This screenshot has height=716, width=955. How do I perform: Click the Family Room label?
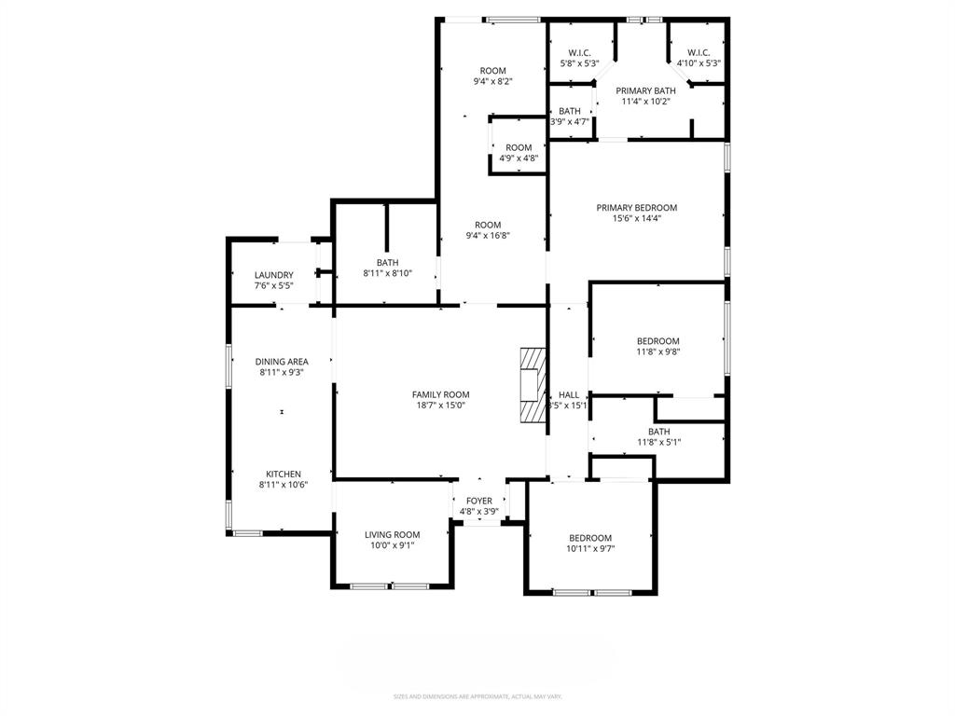coord(441,394)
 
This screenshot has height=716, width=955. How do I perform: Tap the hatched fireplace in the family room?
coord(532,385)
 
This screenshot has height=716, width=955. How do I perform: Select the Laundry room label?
coord(274,275)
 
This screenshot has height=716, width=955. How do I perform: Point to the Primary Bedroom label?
coord(637,208)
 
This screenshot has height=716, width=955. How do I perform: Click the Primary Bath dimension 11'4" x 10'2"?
coord(645,102)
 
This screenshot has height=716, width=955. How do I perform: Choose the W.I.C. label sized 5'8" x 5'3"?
coord(579,53)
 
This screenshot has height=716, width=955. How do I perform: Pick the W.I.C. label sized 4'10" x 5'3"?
coord(699,53)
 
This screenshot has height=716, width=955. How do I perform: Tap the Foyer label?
coord(479,501)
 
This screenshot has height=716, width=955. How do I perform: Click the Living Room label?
coord(392,534)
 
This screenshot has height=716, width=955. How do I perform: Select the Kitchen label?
coord(284,474)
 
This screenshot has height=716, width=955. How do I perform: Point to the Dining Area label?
coord(282,362)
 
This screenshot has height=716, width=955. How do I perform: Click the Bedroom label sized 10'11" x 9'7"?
coord(590,538)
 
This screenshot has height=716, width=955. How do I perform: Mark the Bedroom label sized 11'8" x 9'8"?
coord(658,341)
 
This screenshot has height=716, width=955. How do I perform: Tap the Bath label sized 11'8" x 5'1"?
coord(658,432)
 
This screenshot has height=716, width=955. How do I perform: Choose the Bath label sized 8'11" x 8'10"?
coord(387,263)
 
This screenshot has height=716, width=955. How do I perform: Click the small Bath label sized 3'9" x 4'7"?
coord(569,111)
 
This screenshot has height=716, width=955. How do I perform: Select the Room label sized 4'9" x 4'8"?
coord(519,147)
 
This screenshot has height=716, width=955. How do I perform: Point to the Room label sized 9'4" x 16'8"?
coord(488,225)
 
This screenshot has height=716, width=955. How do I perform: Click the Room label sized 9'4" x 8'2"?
coord(492,71)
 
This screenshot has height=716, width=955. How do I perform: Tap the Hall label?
coord(569,394)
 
